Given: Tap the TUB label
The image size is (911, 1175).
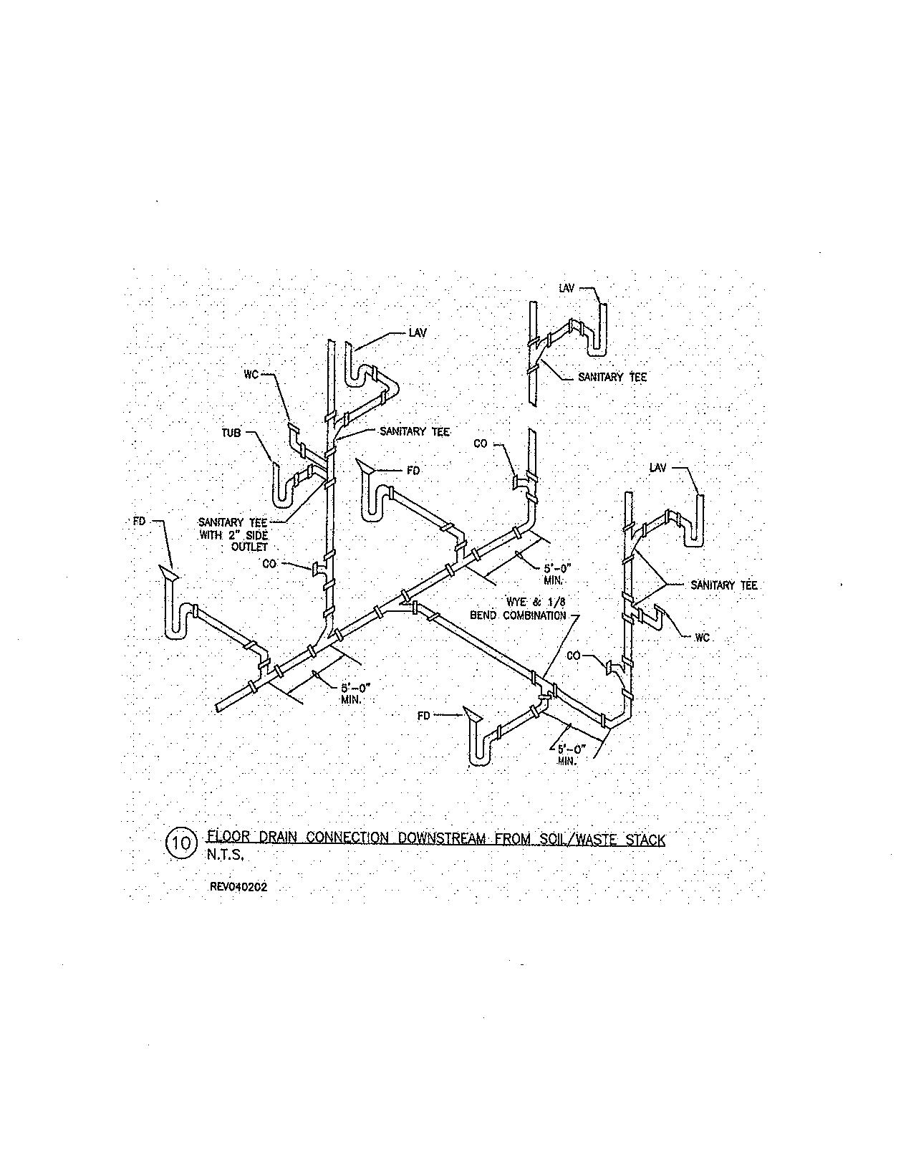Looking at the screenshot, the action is click(231, 433).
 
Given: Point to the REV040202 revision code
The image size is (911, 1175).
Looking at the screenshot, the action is click(238, 886).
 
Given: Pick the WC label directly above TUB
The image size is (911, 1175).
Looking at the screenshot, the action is click(251, 374).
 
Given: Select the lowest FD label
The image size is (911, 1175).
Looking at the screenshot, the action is click(424, 715).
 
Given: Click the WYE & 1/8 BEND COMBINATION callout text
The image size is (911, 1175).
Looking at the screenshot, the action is click(518, 608).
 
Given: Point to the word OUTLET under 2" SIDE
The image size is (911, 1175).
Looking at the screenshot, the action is click(249, 547).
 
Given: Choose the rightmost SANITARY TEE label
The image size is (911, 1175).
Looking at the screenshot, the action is click(723, 585).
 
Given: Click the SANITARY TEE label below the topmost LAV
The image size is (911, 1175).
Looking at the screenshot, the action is click(612, 377).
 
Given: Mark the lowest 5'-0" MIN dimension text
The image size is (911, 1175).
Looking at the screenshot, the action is click(571, 754).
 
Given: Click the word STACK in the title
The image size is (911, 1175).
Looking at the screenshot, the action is click(645, 839).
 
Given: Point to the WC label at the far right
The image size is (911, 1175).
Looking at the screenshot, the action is click(702, 637).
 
